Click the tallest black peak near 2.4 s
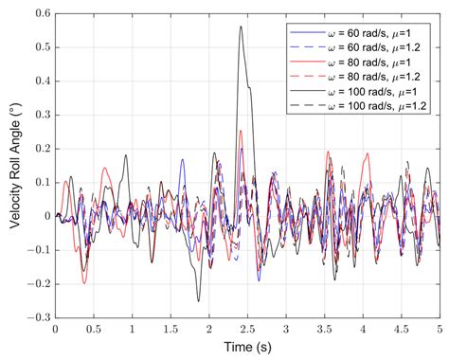(x=241, y=27)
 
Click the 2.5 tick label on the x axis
(x=248, y=331)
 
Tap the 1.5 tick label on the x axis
(x=171, y=331)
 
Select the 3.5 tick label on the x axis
(x=325, y=331)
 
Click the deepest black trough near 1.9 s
(x=199, y=301)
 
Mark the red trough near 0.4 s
(x=84, y=282)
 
